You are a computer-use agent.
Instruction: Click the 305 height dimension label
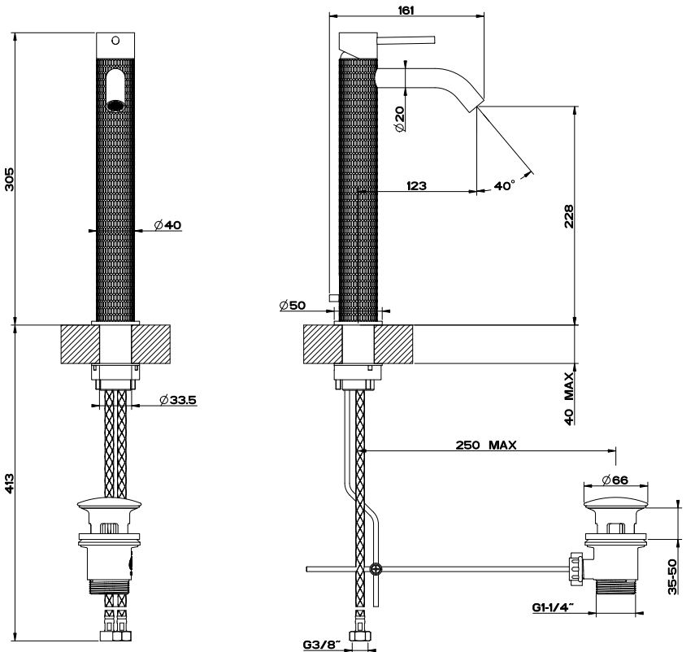pos(10,179)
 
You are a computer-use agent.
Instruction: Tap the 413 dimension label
pos(10,485)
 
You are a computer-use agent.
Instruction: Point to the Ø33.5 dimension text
pos(180,399)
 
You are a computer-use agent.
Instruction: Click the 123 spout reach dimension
pos(416,185)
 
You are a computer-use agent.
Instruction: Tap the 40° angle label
pos(504,186)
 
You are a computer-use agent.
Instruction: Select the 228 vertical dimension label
pos(569,217)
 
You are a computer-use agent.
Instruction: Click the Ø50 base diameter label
pos(292,306)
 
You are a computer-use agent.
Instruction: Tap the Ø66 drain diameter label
pos(619,480)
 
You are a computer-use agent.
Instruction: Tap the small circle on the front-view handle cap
pos(115,40)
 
